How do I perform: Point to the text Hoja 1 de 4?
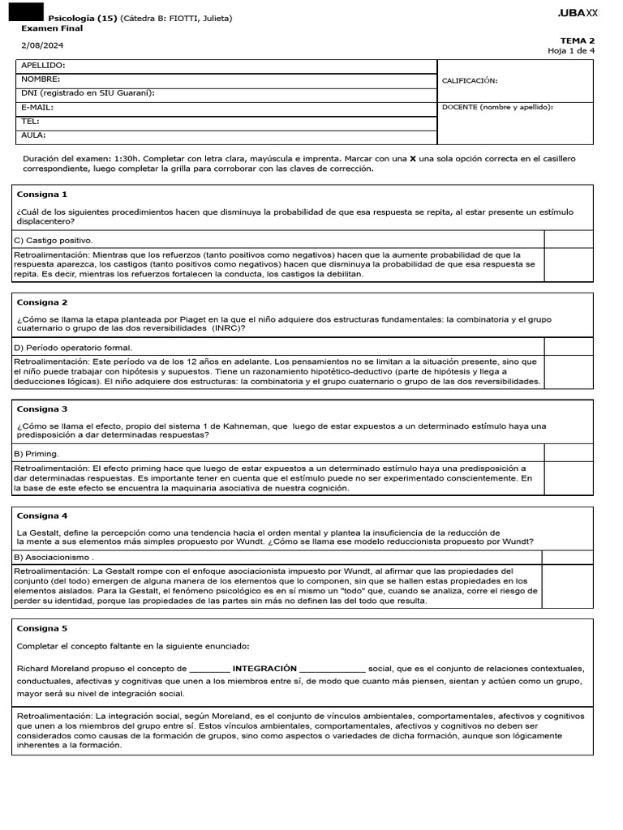571,50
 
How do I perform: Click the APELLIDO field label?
43,66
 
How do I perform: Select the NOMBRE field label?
41,79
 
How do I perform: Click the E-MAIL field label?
37,107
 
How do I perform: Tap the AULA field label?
33,135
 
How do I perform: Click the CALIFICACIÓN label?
469,81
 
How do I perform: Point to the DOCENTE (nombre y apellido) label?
497,107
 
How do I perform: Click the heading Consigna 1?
41,195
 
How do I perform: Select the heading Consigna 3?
41,409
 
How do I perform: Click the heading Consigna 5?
41,628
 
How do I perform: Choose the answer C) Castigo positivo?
54,241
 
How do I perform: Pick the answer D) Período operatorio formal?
73,348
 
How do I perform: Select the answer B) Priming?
37,454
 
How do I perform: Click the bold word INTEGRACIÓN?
264,669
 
